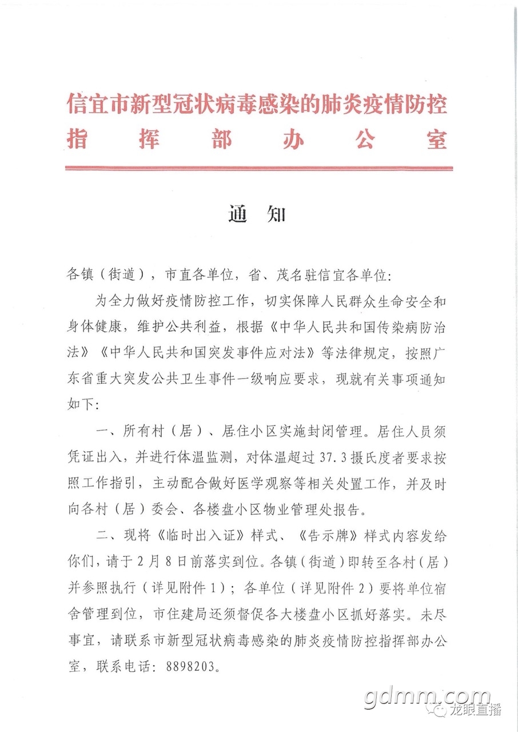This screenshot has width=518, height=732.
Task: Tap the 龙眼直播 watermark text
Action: tap(483, 710)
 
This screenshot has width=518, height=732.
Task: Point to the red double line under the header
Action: tap(259, 168)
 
